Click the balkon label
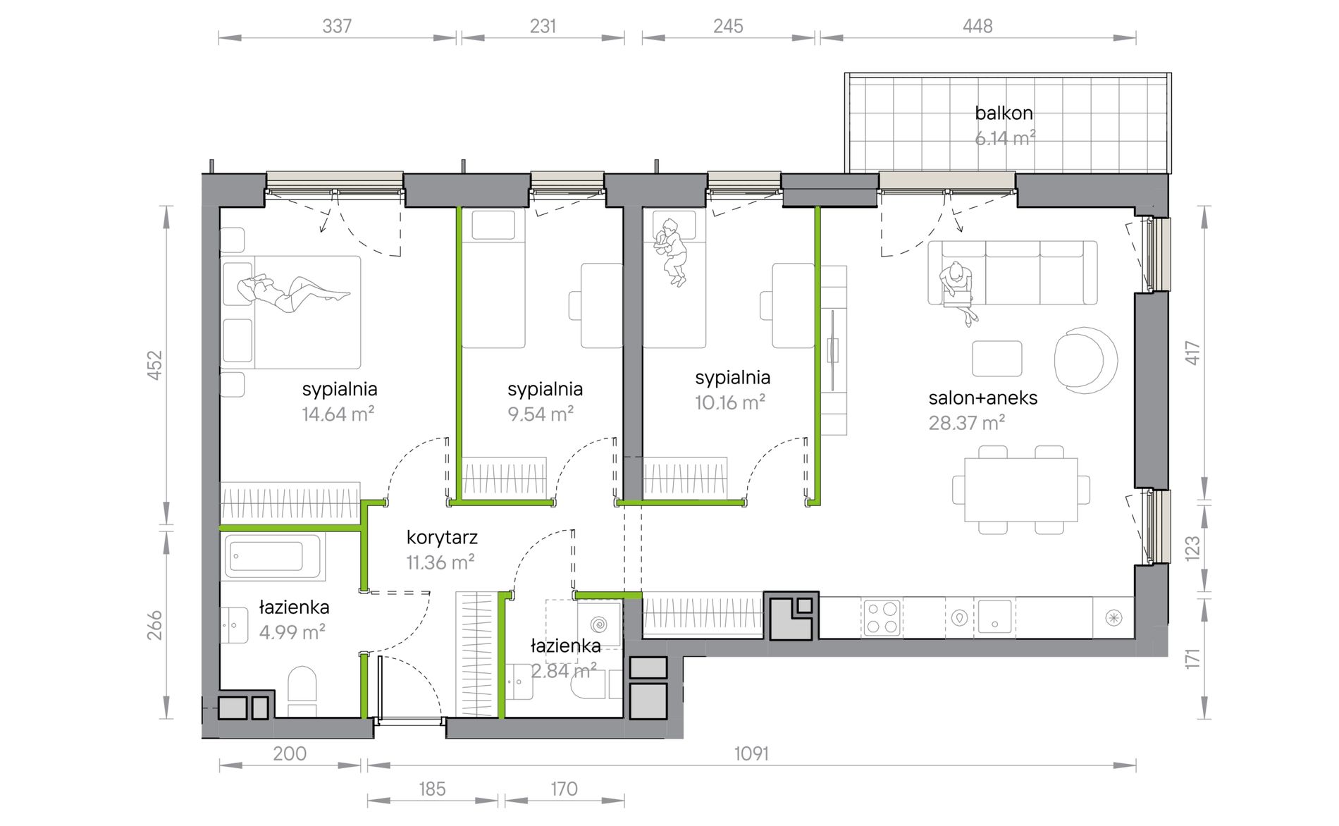[1004, 113]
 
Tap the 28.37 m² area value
[967, 423]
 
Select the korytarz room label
[442, 538]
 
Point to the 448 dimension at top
[977, 26]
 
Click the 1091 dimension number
[751, 753]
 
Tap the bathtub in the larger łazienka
[275, 557]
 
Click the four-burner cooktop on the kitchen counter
[882, 617]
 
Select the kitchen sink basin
[994, 617]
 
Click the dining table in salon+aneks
[1020, 489]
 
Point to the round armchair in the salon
[1085, 359]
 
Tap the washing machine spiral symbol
[599, 624]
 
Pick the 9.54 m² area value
[541, 414]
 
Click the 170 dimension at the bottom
[564, 789]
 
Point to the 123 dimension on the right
[1191, 548]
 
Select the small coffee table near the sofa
[996, 359]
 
